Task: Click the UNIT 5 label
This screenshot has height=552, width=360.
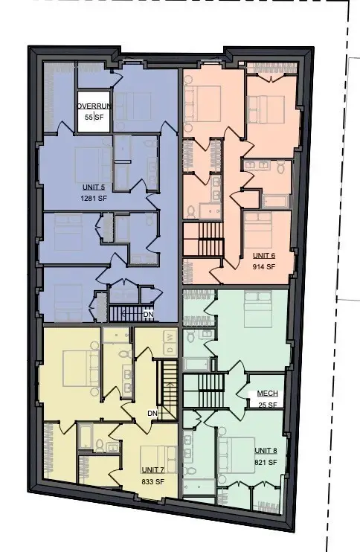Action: [94, 187]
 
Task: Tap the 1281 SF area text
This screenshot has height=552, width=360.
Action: [94, 198]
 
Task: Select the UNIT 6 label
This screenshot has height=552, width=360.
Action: [264, 256]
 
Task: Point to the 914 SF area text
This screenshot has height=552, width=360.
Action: [264, 266]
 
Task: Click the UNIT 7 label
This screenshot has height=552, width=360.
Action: [152, 470]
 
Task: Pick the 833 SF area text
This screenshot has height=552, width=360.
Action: [152, 481]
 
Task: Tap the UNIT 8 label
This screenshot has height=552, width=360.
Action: [266, 451]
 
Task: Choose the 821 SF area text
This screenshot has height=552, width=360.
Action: [266, 462]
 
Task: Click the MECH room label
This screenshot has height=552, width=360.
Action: [268, 394]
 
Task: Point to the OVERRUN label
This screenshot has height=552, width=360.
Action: [94, 106]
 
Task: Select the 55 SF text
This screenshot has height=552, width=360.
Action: [94, 118]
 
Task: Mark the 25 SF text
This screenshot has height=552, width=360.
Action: [268, 405]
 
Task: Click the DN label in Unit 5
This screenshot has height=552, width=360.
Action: [148, 314]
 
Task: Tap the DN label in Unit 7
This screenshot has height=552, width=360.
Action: [152, 413]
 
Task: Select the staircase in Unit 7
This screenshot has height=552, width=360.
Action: [168, 389]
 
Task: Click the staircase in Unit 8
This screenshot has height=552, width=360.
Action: [204, 391]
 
